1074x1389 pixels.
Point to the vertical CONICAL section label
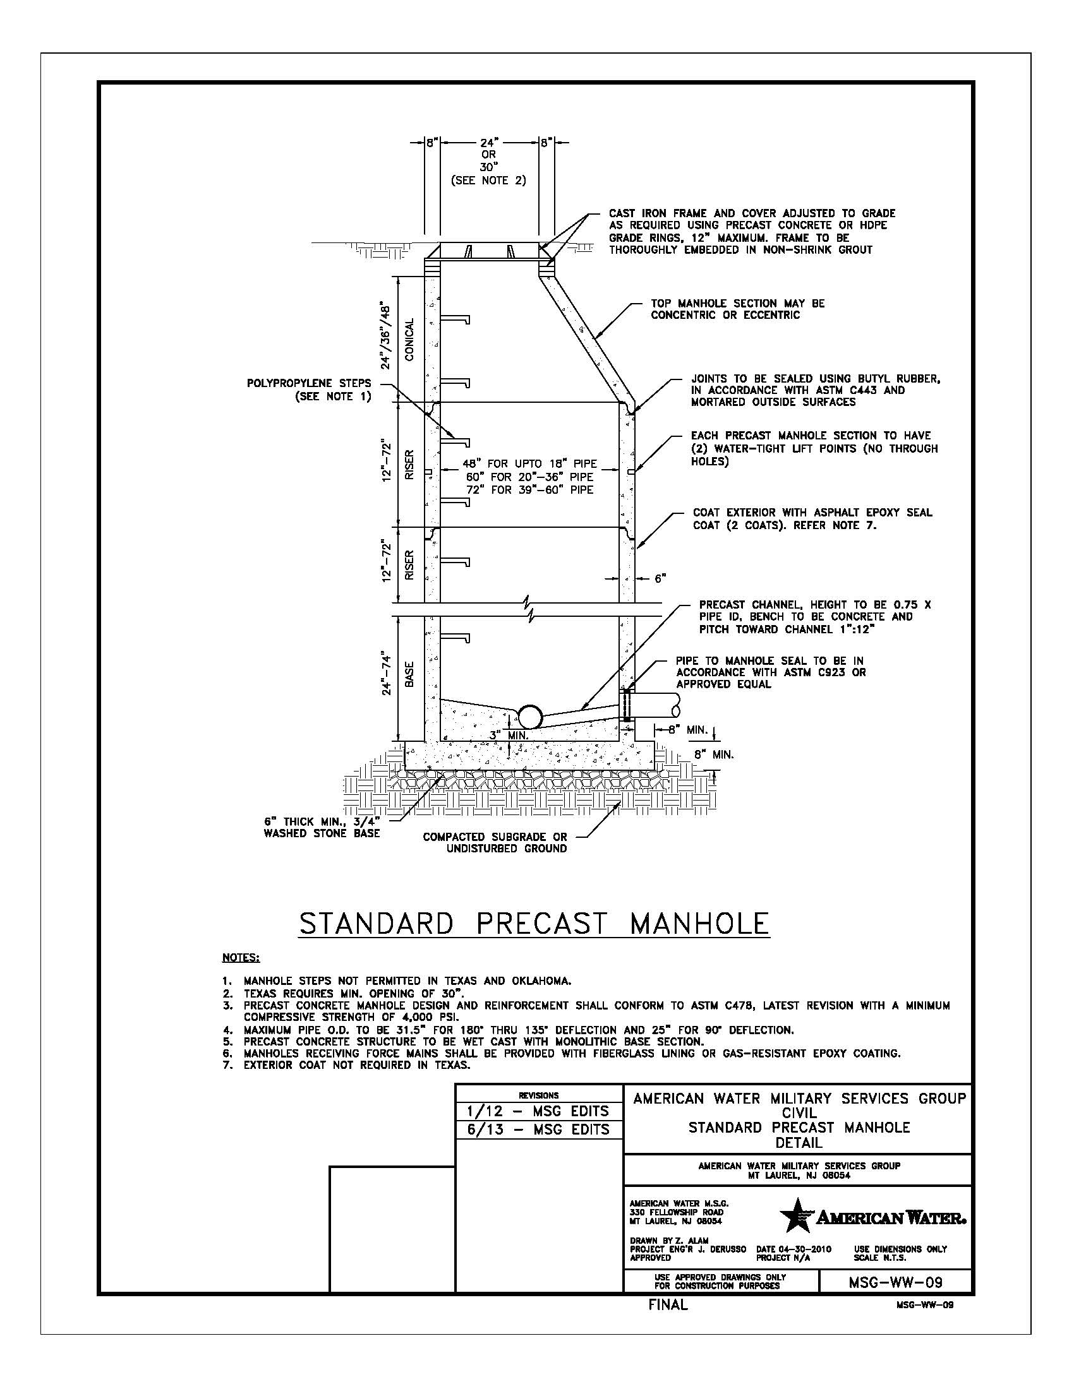pos(409,340)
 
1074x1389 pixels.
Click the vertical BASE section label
pos(409,674)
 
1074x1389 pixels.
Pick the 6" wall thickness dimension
pos(660,578)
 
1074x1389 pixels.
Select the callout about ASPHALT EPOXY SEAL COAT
pos(812,518)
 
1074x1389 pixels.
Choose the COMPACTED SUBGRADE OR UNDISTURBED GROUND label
pos(495,843)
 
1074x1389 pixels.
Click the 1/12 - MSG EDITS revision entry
pos(538,1111)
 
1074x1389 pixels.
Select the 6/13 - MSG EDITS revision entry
pos(538,1130)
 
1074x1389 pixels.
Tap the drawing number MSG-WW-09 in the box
pos(895,1282)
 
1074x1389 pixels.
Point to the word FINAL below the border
pos(668,1304)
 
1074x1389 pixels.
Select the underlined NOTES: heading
pos(241,957)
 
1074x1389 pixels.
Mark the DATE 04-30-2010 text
pos(793,1249)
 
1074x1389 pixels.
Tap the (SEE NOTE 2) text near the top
pos(488,181)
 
